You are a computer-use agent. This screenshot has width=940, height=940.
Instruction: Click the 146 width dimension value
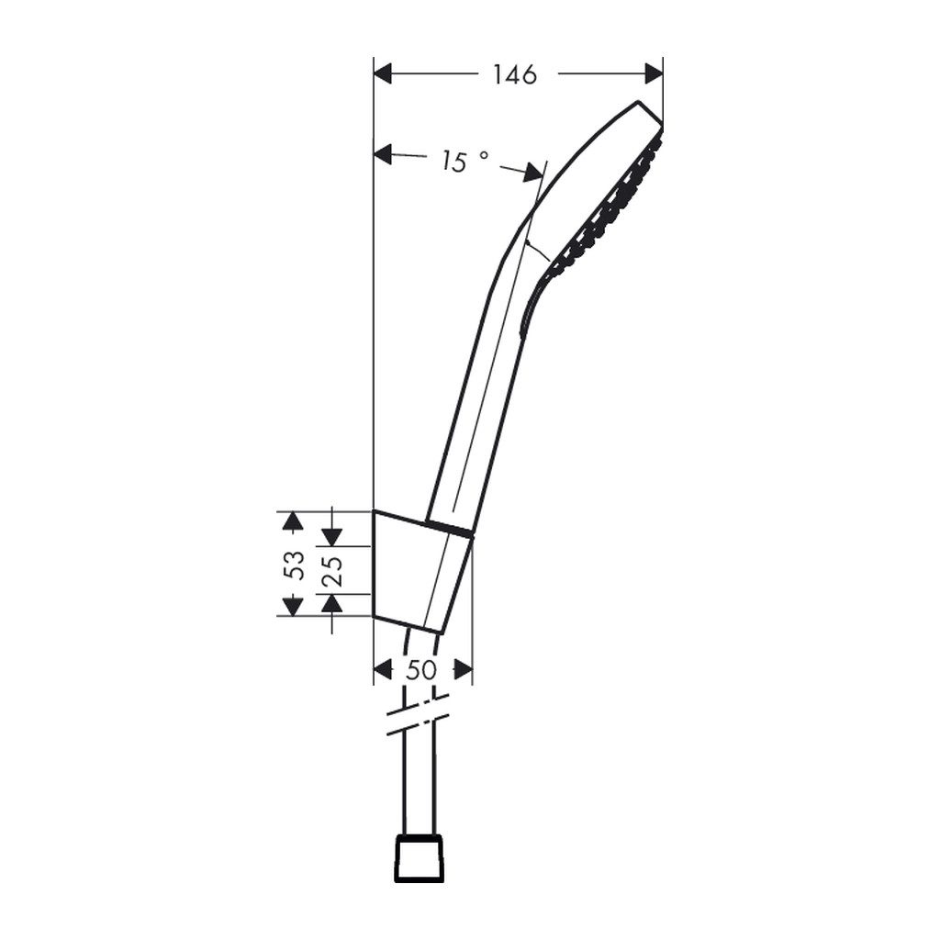(x=514, y=75)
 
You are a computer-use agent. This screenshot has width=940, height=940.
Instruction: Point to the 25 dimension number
(x=332, y=571)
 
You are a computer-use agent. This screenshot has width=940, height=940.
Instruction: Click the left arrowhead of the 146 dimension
(x=383, y=73)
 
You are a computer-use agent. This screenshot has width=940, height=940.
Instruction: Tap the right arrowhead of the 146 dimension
(x=654, y=73)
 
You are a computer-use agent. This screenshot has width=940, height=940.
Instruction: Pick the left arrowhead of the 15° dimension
(x=383, y=154)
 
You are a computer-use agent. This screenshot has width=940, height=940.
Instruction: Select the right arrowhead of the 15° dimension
(x=533, y=173)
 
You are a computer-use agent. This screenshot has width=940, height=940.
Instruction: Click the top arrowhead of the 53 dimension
(x=292, y=521)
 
